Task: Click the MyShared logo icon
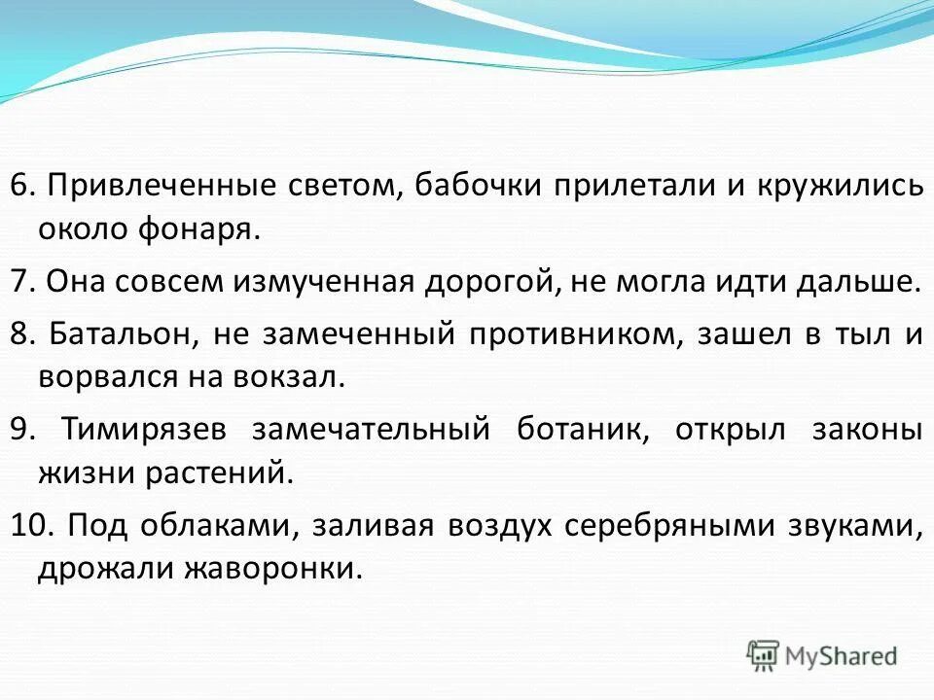(x=764, y=655)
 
